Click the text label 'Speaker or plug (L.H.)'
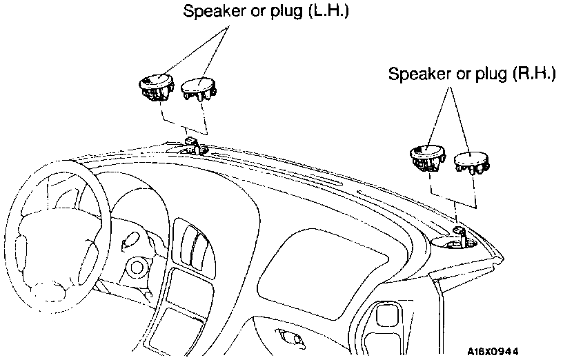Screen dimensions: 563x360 pos(266,11)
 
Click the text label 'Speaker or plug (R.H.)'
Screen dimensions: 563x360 pos(472,74)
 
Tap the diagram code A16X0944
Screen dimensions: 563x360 pos(493,350)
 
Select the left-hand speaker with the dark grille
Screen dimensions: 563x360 pos(156,86)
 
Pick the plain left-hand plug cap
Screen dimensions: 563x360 pos(199,89)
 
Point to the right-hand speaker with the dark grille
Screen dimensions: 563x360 pos(428,157)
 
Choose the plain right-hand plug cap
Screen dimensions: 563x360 pos(471,163)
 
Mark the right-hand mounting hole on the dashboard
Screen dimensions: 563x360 pos(454,241)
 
